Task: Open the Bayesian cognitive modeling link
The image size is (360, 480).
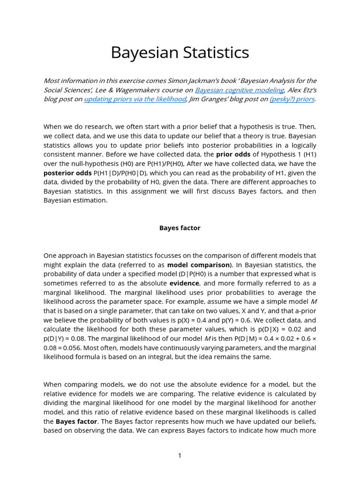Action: point(240,90)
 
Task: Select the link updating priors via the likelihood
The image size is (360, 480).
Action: point(135,99)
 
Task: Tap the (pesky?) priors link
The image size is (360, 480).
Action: point(292,99)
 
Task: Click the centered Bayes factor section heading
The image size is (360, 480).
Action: point(180,228)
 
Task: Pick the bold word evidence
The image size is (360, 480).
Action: point(184,283)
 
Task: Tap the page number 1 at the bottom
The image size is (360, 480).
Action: point(180,456)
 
